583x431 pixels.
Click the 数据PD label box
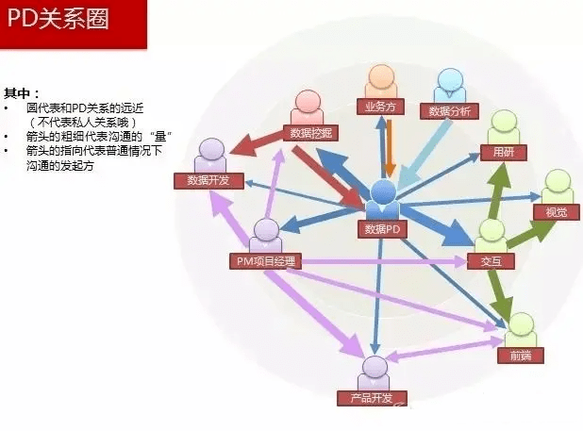(x=382, y=229)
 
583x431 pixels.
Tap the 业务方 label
(x=380, y=107)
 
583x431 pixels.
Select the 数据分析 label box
(x=449, y=111)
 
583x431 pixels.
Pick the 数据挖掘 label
(x=310, y=133)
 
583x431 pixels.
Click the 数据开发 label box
(x=208, y=180)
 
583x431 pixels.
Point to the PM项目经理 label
(x=265, y=261)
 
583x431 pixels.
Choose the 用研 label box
(x=504, y=153)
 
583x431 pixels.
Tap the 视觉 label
(x=557, y=212)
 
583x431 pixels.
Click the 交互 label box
(x=491, y=261)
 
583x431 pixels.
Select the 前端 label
(x=521, y=356)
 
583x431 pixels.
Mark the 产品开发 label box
(x=372, y=398)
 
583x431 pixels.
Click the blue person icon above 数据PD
(x=383, y=200)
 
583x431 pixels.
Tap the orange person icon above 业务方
(x=381, y=82)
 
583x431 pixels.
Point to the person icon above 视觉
(x=557, y=187)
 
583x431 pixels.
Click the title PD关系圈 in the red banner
(x=58, y=19)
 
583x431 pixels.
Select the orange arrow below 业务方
(x=390, y=148)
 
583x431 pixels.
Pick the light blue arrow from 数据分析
(x=424, y=154)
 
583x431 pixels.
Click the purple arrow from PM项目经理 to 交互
(x=383, y=261)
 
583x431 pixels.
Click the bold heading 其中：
(x=21, y=93)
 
